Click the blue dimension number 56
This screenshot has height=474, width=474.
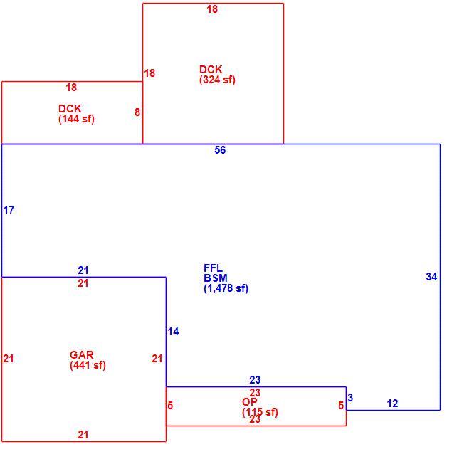point(220,150)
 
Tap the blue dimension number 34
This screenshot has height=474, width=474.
point(431,277)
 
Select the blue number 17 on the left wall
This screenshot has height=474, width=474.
point(9,210)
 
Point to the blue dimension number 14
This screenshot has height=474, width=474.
point(173,332)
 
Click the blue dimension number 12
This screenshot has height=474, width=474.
point(392,404)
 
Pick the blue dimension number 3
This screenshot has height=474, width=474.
point(350,398)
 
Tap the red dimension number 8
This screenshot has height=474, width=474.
point(137,112)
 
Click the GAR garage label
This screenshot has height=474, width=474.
point(82,355)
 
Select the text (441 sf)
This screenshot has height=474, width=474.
point(88,365)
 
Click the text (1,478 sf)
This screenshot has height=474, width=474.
point(226,288)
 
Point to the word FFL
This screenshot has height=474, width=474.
point(213,268)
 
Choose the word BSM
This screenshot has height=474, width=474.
point(216,278)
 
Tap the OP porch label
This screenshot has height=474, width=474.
point(250,401)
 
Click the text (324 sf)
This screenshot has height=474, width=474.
point(217,80)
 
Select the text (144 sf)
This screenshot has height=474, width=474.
point(76,119)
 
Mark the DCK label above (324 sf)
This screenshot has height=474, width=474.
point(211,70)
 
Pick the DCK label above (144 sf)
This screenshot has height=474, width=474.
point(70,108)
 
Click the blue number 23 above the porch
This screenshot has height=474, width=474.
point(255,379)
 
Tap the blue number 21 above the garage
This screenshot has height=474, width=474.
point(83,270)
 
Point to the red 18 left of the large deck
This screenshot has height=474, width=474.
point(149,73)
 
